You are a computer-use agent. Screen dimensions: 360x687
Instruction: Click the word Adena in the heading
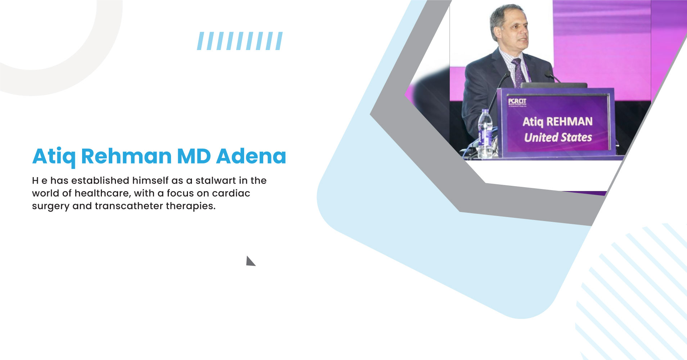tap(251, 157)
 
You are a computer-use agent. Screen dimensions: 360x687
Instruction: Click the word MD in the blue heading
tap(194, 157)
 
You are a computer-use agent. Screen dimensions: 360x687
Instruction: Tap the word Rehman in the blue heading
tap(126, 157)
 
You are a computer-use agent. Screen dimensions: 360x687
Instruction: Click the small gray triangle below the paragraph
tap(250, 262)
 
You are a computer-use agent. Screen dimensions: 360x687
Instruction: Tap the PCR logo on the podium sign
tap(517, 102)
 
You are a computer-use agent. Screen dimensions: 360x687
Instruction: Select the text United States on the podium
tap(558, 137)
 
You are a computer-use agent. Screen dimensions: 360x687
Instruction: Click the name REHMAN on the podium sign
tap(569, 121)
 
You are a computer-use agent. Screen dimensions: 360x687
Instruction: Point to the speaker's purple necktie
tap(518, 72)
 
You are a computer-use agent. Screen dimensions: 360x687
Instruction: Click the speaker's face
tap(513, 31)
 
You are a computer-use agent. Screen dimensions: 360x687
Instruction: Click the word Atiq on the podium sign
tap(533, 122)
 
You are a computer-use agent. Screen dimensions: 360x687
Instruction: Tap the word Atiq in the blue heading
tap(54, 157)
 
